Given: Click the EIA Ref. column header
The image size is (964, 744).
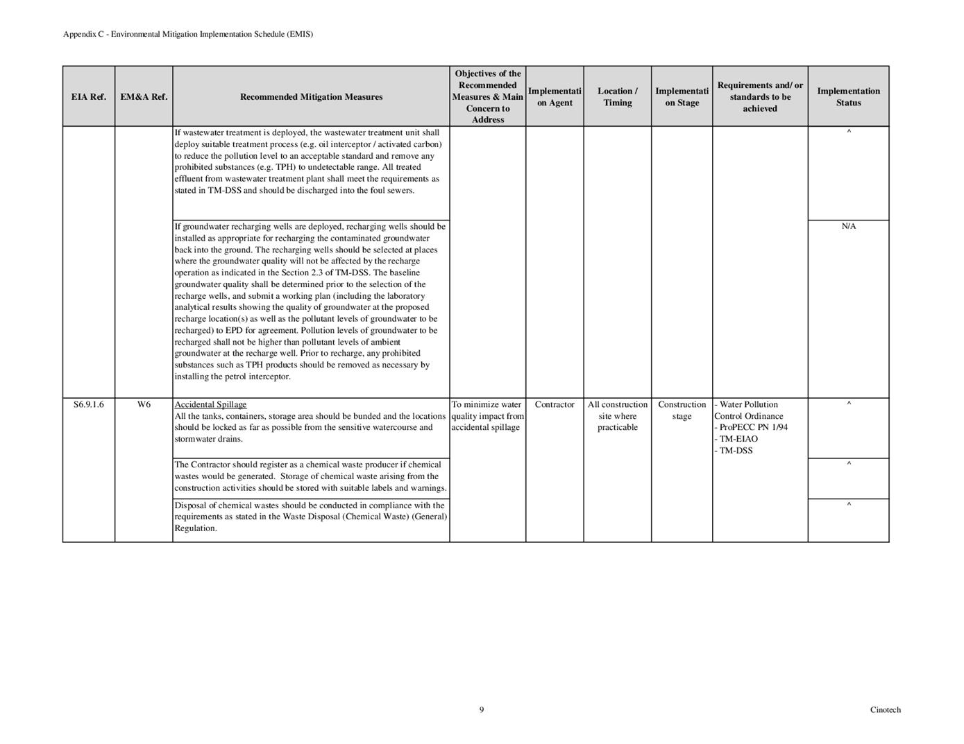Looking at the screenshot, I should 89,97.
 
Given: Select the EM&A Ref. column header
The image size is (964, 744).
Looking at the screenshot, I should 144,97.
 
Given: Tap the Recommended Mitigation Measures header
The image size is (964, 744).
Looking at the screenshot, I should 311,97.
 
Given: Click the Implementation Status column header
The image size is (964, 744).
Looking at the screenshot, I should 848,97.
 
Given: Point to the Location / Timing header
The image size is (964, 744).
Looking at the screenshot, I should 617,97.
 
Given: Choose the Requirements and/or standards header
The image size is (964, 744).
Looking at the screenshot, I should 760,97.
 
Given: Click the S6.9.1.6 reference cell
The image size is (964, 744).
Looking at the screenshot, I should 89,405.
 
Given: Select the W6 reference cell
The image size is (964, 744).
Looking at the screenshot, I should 144,405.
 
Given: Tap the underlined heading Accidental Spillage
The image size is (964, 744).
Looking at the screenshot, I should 210,405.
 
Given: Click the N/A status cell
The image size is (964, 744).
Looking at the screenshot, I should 848,227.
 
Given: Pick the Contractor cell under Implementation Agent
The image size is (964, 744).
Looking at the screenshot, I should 555,405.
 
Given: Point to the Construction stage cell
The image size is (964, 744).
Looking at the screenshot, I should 682,410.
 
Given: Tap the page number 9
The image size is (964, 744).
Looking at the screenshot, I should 482,709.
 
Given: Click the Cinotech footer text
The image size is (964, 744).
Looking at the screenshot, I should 885,709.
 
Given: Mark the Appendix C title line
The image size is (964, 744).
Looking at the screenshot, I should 188,34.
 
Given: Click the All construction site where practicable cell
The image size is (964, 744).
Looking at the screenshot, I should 617,416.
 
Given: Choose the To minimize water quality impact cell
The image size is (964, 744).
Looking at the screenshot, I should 487,416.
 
